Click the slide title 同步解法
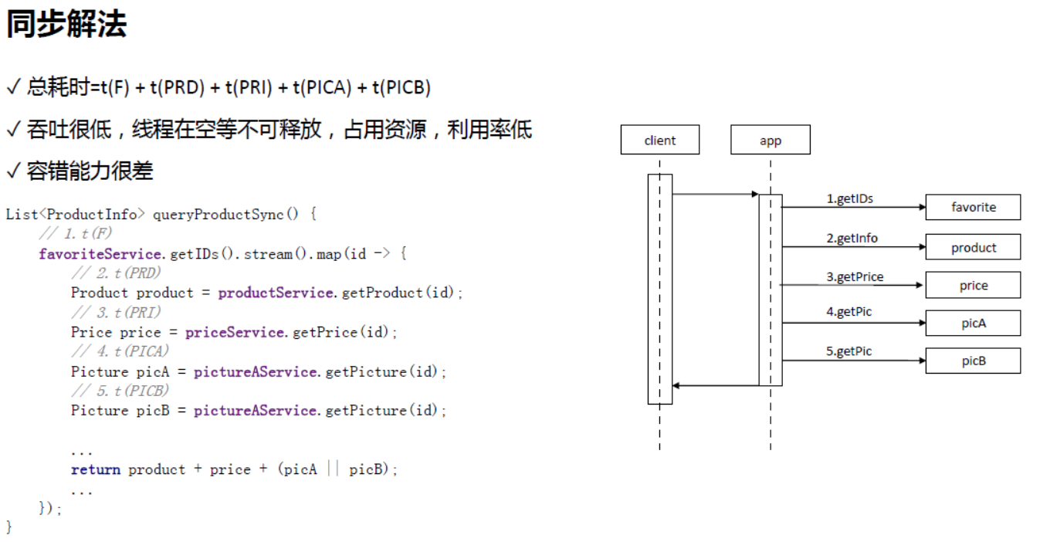66,25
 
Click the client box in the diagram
659,140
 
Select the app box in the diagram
770,140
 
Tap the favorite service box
973,207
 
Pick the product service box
973,247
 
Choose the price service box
973,285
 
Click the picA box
973,323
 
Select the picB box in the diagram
973,361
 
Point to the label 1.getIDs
849,198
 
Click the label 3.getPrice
855,276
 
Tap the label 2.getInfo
852,238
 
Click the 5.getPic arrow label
848,351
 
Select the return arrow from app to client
715,385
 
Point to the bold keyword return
96,469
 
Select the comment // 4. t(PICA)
120,351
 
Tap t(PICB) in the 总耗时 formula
401,87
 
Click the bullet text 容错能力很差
90,171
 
